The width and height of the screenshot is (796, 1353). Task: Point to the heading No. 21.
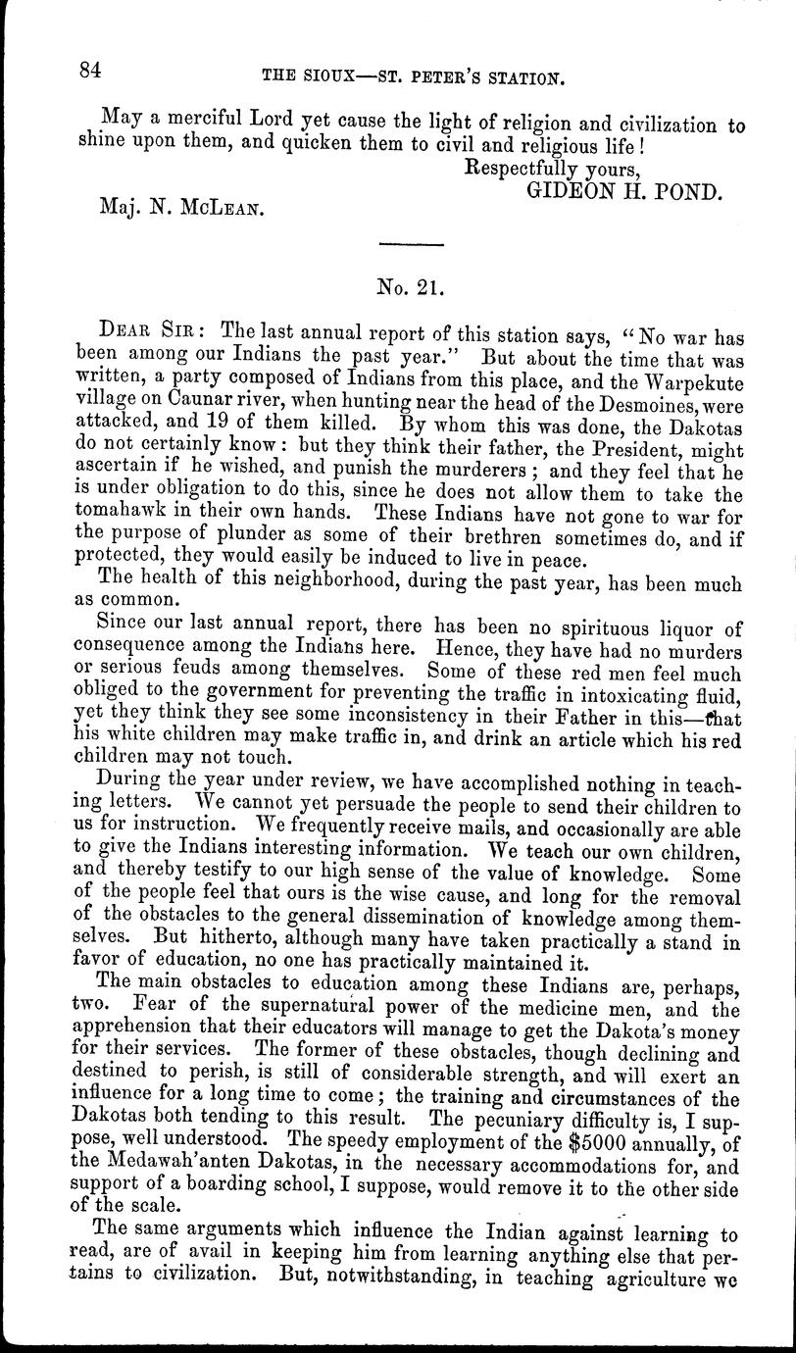[412, 288]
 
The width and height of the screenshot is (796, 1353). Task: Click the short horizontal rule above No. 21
[412, 243]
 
